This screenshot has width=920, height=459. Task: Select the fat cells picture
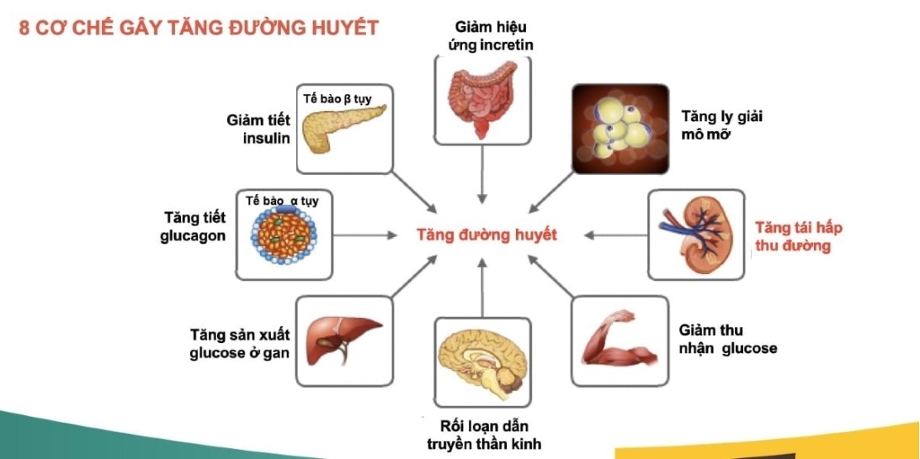(620, 129)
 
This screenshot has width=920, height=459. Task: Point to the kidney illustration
(696, 235)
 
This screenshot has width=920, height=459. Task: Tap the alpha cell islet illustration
(284, 235)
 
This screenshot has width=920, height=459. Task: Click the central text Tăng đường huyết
(487, 235)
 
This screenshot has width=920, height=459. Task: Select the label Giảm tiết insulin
(258, 129)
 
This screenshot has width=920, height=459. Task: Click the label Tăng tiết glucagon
(193, 227)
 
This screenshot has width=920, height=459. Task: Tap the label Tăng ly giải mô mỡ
(721, 125)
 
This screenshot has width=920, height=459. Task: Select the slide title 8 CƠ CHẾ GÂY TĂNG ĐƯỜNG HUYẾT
(199, 28)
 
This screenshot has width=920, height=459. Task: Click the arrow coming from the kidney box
(615, 235)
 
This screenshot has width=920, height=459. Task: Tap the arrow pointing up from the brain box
(482, 288)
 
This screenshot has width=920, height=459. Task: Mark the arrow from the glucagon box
(365, 235)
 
